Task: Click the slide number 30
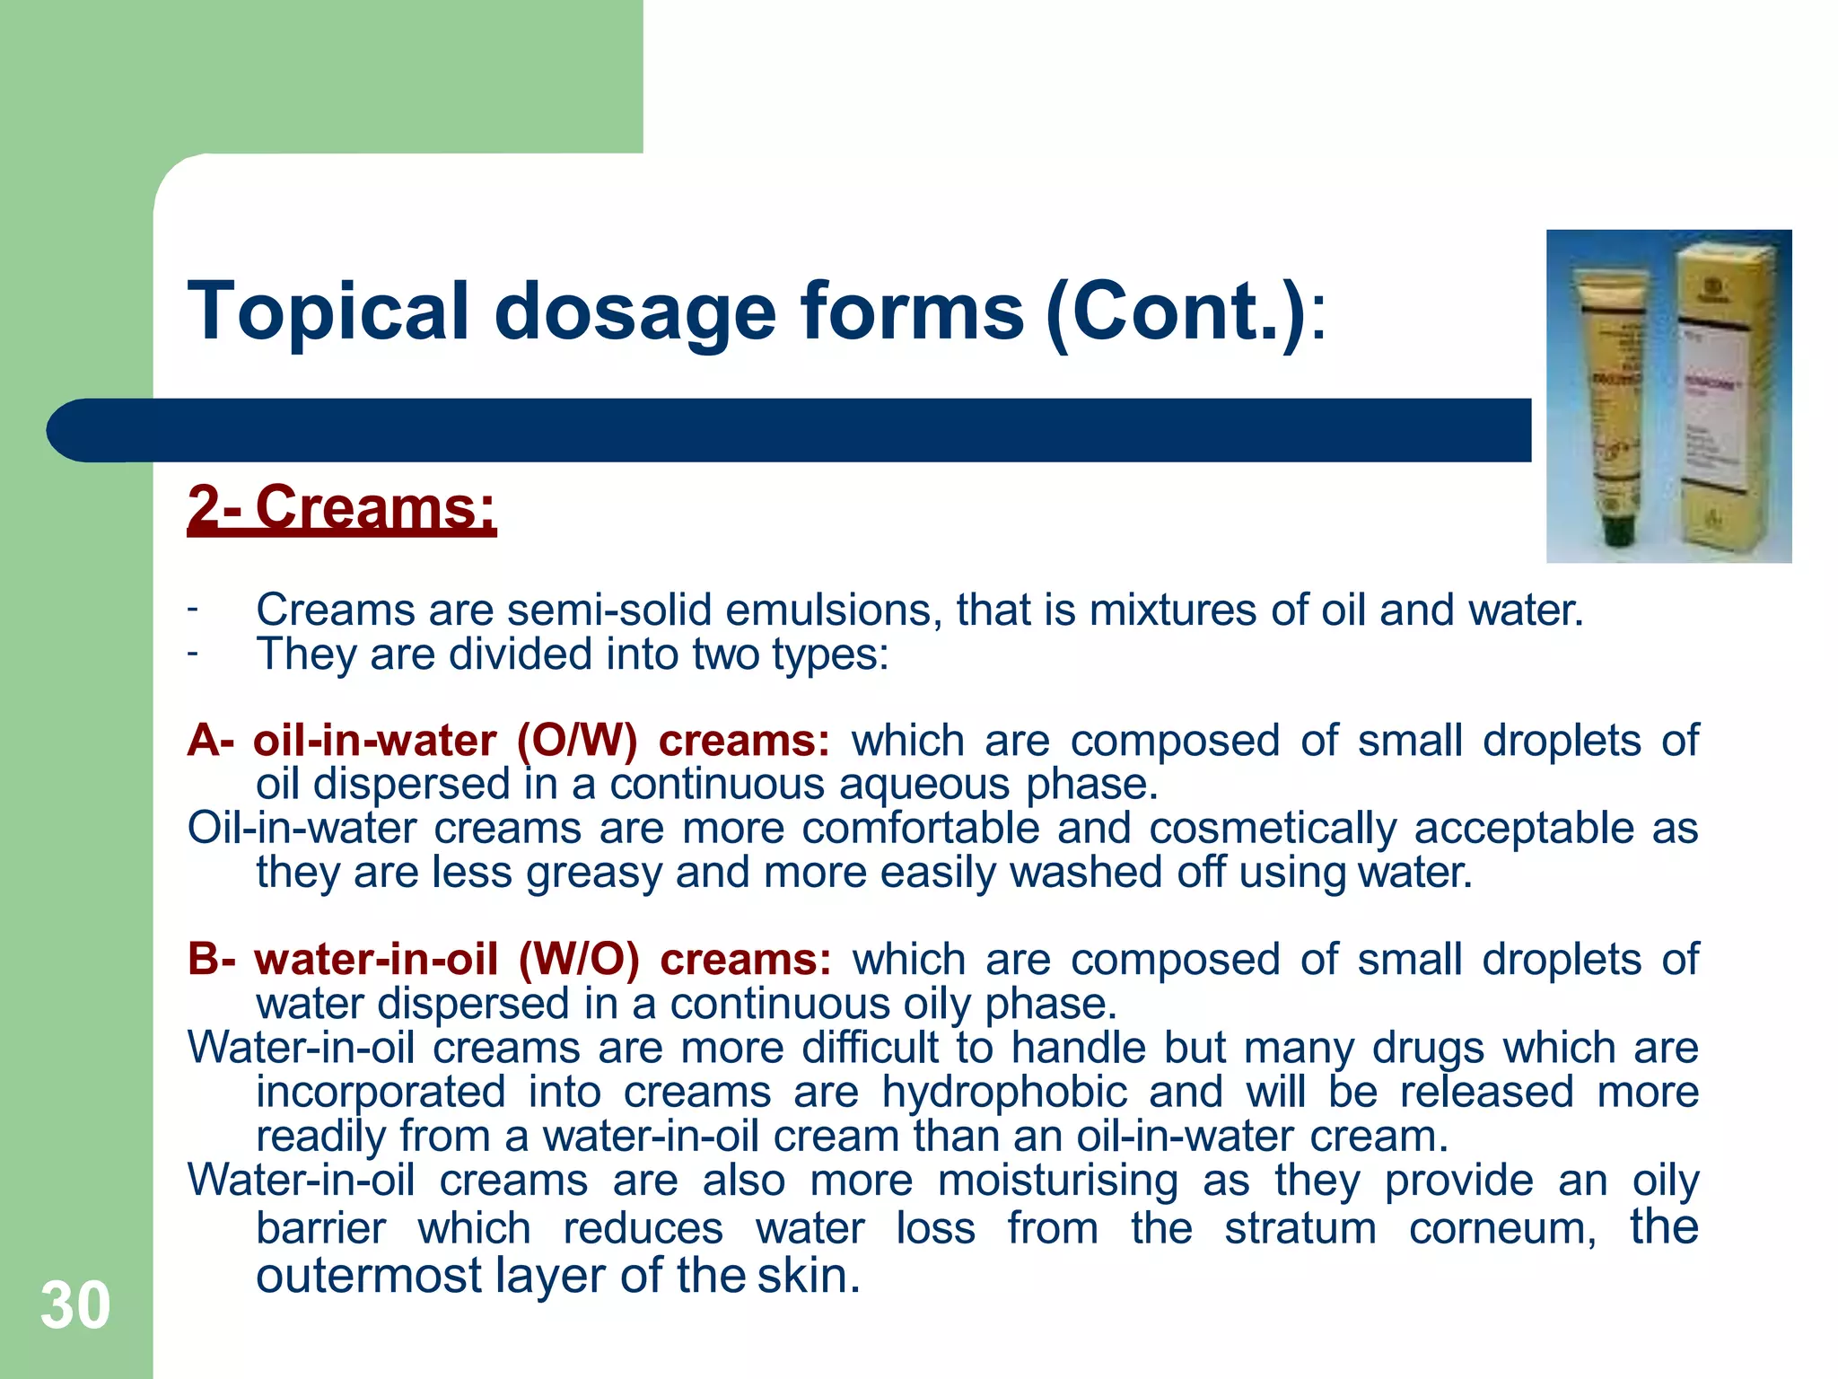coord(75,1305)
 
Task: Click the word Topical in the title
coord(328,312)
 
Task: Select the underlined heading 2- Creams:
coord(341,508)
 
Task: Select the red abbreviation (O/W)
coord(576,742)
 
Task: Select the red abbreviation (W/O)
coord(579,960)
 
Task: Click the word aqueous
coord(924,785)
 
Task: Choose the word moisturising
coord(1057,1181)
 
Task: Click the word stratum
coord(1300,1228)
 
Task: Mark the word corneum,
coord(1502,1228)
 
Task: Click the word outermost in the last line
coord(369,1276)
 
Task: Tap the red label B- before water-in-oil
coord(212,960)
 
